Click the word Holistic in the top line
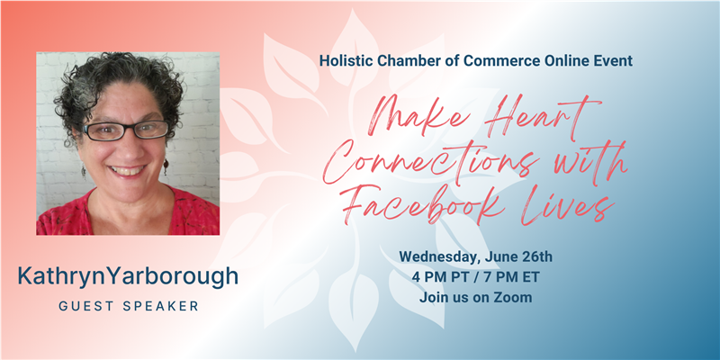[342, 60]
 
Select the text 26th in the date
[539, 256]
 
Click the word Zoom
[513, 298]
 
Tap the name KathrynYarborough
[128, 276]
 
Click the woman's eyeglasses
[125, 130]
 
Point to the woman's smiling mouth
[127, 171]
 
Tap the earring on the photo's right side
[166, 166]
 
